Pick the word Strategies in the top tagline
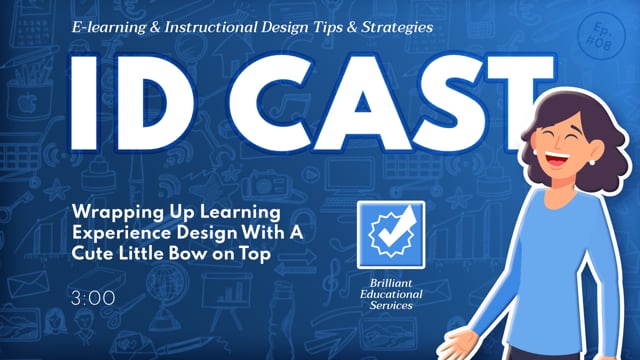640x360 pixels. [393, 28]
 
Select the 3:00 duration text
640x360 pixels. [93, 298]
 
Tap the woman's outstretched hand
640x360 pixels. [464, 345]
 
